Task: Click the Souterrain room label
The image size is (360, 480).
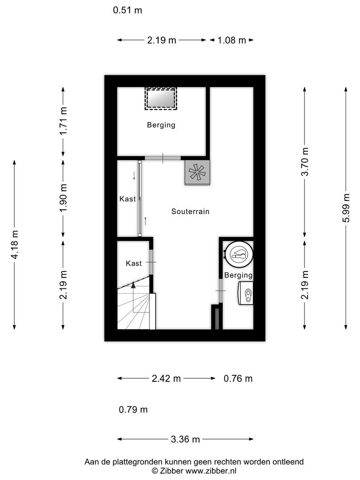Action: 190,212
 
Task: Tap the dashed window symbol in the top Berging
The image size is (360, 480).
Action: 161,98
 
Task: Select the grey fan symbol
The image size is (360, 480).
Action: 197,172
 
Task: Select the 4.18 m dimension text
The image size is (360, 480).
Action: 15,245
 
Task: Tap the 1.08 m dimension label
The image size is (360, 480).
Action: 232,40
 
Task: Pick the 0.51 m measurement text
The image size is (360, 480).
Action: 128,10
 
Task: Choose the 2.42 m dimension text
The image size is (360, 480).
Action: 166,379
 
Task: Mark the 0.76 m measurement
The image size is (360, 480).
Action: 238,379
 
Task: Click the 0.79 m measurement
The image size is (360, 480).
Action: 133,409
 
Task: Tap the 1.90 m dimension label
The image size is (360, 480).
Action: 64,199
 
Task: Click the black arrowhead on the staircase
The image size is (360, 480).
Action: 133,285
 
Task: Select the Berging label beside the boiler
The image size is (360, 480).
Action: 238,275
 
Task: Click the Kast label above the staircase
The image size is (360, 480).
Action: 134,264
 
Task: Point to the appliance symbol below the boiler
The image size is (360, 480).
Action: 246,294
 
